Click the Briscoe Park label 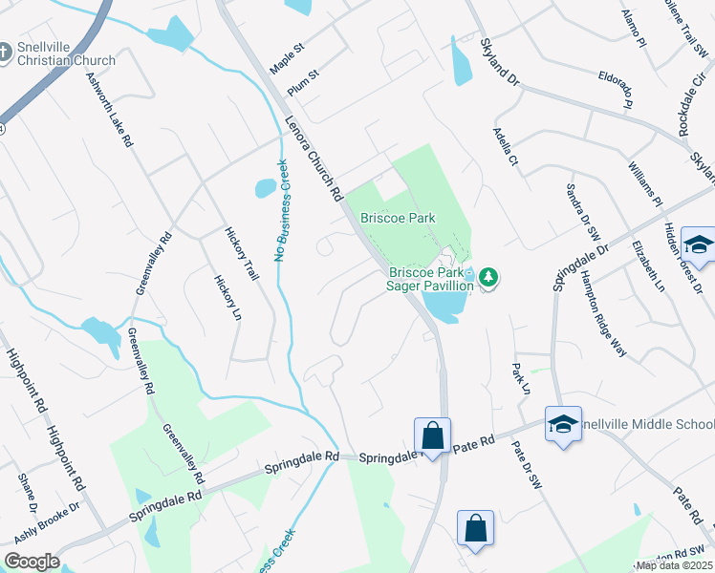[x=398, y=218]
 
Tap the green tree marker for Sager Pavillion [x=489, y=277]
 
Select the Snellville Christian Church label [x=65, y=53]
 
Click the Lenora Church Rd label [x=314, y=159]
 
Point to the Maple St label [x=286, y=46]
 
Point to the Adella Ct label [x=506, y=147]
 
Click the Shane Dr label [x=27, y=491]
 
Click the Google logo [x=32, y=562]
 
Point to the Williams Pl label [x=645, y=184]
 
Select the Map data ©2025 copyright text [x=673, y=565]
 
